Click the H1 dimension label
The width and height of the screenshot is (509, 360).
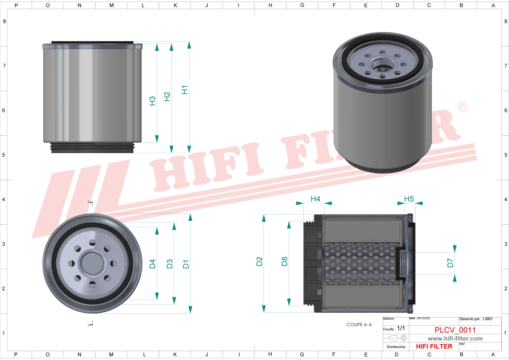click(x=185, y=90)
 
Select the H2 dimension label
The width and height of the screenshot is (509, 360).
click(x=167, y=97)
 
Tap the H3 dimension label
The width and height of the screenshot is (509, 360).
click(x=152, y=101)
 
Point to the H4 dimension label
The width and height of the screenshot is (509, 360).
click(x=315, y=199)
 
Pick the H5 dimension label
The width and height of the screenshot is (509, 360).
click(x=409, y=199)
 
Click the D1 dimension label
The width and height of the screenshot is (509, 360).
click(x=186, y=264)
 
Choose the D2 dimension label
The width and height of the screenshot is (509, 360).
click(x=259, y=261)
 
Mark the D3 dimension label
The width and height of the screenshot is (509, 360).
click(x=169, y=264)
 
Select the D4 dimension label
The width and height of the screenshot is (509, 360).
click(x=152, y=264)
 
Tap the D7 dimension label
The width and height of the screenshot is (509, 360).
click(x=450, y=263)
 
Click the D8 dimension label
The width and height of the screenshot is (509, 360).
click(x=284, y=261)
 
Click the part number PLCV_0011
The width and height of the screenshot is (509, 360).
click(x=455, y=330)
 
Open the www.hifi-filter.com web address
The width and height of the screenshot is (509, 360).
click(x=455, y=339)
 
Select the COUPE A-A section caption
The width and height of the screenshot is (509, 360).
click(x=359, y=325)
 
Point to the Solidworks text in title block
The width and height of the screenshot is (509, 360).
click(x=396, y=347)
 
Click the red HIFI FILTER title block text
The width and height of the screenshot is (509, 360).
click(x=434, y=347)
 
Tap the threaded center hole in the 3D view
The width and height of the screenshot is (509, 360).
click(x=383, y=65)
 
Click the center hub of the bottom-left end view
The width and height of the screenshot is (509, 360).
click(x=92, y=264)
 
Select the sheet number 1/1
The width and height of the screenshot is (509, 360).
click(x=401, y=328)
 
